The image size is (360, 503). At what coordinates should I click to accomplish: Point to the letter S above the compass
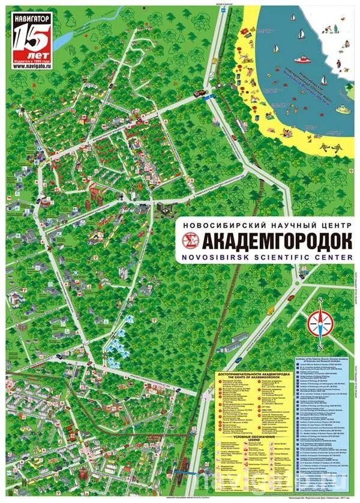pos(321,299)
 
